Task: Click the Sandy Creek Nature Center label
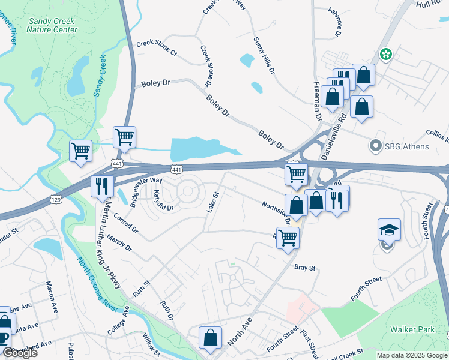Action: [53, 25]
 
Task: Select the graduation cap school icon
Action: [389, 230]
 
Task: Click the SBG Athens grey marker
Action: [376, 146]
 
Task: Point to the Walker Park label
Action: [411, 329]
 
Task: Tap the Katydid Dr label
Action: [163, 200]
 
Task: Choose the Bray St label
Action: [304, 268]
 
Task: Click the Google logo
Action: [20, 353]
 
